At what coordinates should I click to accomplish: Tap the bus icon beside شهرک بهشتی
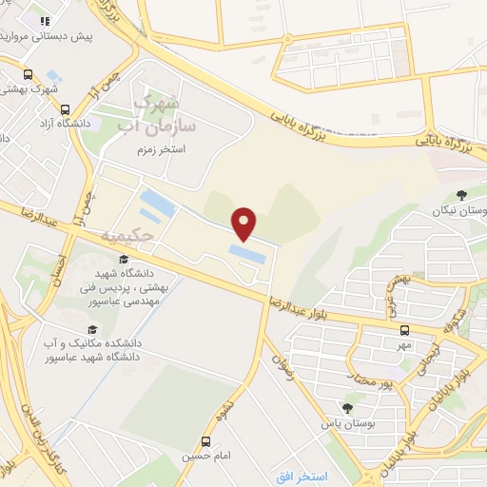click(28, 74)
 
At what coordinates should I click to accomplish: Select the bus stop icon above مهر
click(404, 330)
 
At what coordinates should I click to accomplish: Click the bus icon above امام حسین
click(205, 441)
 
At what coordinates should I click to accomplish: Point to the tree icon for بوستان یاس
click(347, 408)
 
